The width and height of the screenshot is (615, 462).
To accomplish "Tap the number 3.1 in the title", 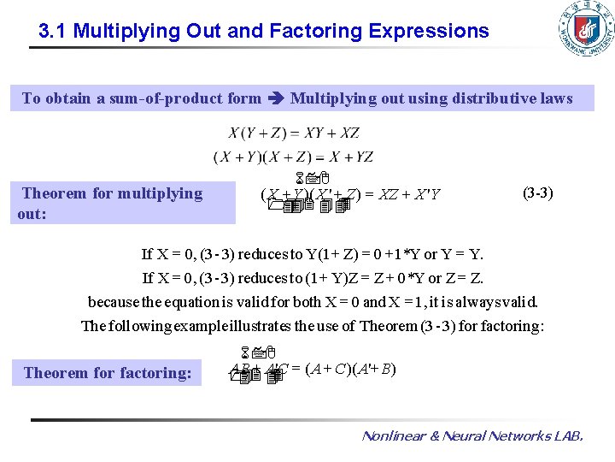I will (53, 32).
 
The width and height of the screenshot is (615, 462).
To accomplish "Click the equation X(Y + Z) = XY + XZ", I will (294, 133).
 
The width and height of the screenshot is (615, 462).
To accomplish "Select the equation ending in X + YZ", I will (293, 157).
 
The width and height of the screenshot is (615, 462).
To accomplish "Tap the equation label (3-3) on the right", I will (537, 192).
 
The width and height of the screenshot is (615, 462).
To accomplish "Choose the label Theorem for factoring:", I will (108, 372).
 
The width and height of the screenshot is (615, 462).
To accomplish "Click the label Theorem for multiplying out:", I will (111, 203).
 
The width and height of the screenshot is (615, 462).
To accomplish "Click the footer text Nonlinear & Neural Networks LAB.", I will (472, 436).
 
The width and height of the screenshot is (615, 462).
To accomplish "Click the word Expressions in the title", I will (429, 32).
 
